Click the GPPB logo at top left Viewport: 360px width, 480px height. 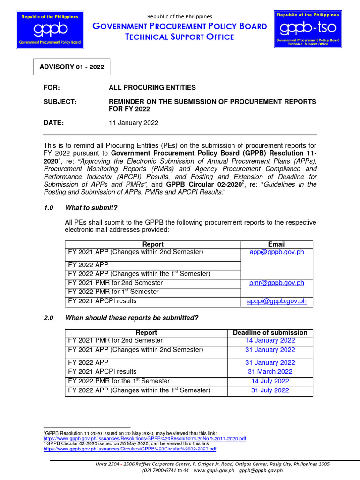(x=49, y=29)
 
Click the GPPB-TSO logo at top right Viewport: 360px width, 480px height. (x=307, y=29)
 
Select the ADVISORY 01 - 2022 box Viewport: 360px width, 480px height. (x=71, y=67)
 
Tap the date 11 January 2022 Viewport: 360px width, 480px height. (x=134, y=123)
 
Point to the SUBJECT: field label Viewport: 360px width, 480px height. (x=60, y=102)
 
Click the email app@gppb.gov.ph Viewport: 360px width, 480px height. (x=277, y=252)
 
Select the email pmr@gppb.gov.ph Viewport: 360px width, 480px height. (x=277, y=283)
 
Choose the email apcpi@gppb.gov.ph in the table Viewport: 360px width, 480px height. (x=277, y=301)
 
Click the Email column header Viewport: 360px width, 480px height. (x=277, y=244)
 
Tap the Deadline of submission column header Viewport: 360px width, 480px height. (x=270, y=332)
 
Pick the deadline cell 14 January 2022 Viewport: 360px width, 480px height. (x=270, y=341)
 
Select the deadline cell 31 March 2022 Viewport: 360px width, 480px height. (x=270, y=372)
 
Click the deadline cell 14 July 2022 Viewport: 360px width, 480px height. (x=270, y=381)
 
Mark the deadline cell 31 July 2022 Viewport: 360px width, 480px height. (x=270, y=390)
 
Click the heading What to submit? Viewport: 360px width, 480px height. (x=91, y=208)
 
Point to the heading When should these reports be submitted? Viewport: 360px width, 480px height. (x=132, y=318)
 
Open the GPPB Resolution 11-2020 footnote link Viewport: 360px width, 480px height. (x=144, y=438)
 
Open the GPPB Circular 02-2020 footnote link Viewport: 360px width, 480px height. (x=130, y=449)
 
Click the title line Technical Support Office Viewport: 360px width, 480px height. (x=180, y=37)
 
